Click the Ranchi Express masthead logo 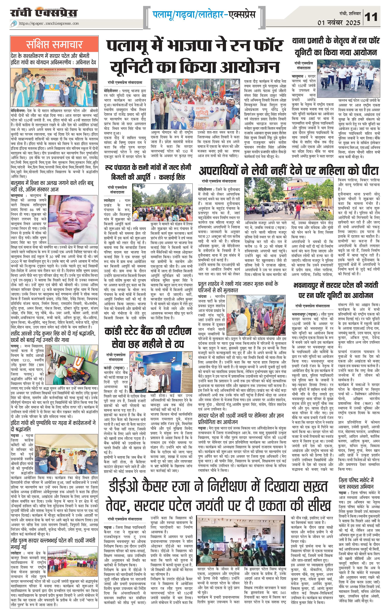click(x=44, y=13)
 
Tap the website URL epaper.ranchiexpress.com click(x=49, y=24)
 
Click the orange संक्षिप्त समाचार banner click(x=54, y=44)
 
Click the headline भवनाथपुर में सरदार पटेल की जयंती click(x=336, y=290)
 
